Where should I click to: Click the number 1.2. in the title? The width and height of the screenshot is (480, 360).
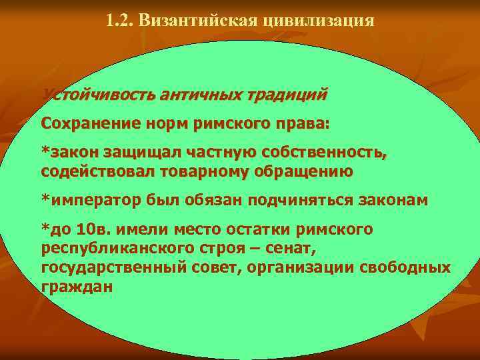pos(120,21)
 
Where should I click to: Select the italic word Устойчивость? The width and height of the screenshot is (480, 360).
pos(97,95)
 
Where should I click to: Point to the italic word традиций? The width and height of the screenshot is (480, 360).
pos(287,95)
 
